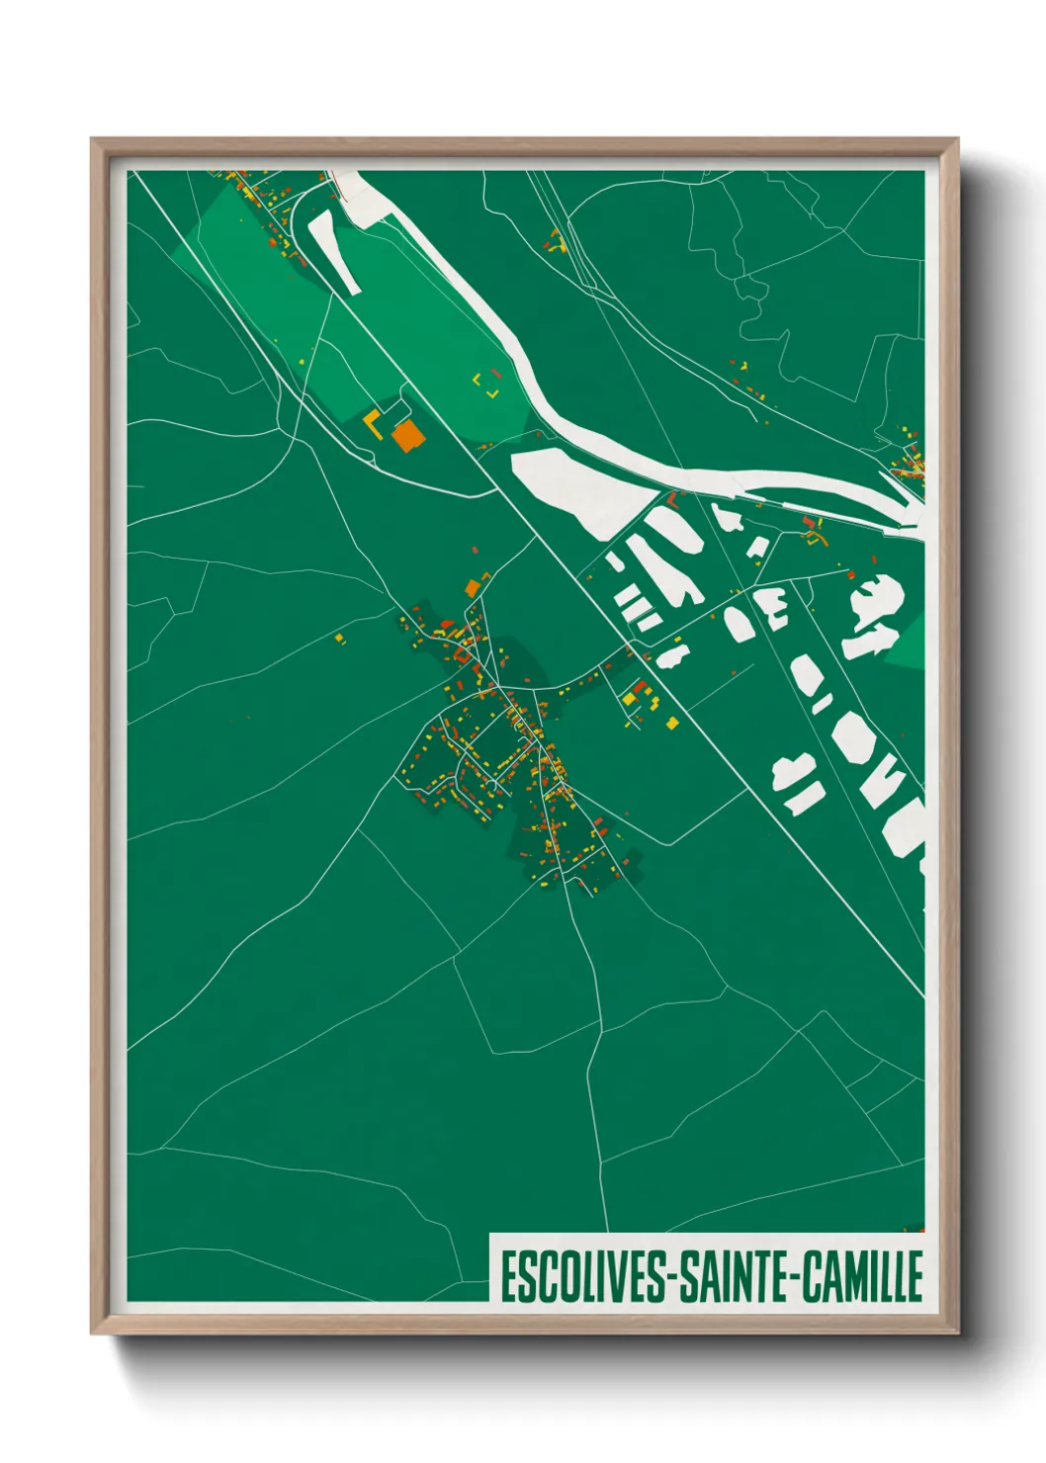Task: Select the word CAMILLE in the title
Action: point(862,1276)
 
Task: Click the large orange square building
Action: point(406,435)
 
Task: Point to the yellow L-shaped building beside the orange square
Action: point(373,424)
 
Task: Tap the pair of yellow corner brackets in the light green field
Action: point(485,385)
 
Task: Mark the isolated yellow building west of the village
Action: point(339,639)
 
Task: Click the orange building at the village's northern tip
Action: point(473,588)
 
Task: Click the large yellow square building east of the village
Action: point(629,699)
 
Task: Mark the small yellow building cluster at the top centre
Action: point(556,241)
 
